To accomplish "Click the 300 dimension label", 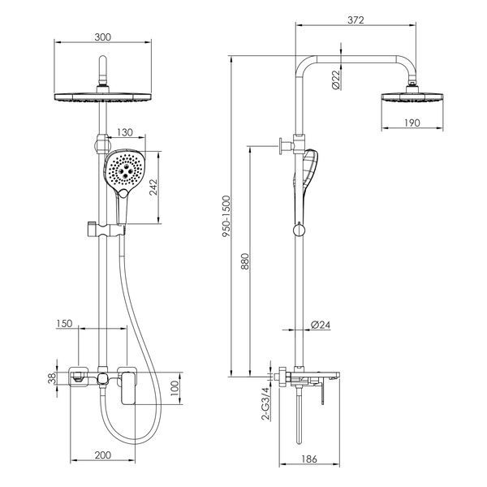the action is coord(103,37).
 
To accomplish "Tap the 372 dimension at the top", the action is coord(356,20).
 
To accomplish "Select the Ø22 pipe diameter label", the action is coord(336,80).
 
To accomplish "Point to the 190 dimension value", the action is coord(412,123).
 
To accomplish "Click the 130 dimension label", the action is coord(124,132).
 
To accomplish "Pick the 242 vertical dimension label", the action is coord(153,187).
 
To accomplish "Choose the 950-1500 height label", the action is coord(226,217).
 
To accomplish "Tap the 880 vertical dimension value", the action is coord(245,261).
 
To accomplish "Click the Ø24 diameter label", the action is coord(321,325).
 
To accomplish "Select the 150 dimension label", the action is coord(64,324).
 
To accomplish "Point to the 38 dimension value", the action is coord(52,378).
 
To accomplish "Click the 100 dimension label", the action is coord(175,388).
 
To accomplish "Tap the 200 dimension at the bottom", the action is coord(103,455).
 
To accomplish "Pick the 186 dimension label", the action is coord(309,459).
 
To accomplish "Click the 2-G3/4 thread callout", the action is coord(266,403).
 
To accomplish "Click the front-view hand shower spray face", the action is coord(124,170).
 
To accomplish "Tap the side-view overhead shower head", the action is coord(412,97).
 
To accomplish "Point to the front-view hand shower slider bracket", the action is coord(105,231).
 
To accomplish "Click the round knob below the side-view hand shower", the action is coord(299,231).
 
